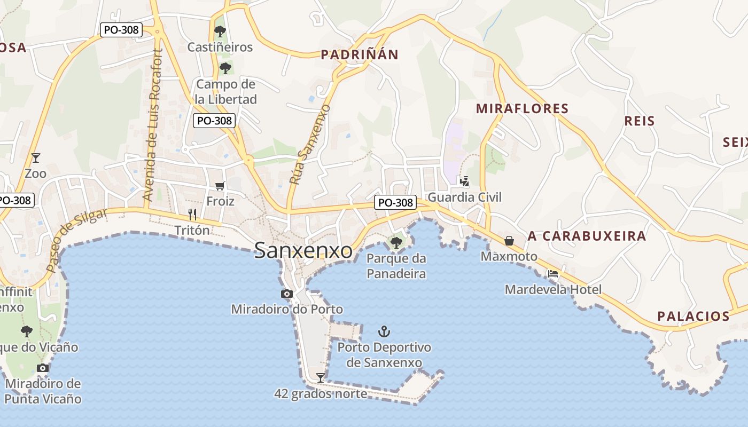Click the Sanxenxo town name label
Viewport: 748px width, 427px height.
(x=303, y=250)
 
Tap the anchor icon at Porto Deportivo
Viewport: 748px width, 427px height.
(x=384, y=331)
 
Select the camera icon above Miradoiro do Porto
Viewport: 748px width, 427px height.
(x=287, y=294)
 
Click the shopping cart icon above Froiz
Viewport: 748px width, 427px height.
(x=220, y=186)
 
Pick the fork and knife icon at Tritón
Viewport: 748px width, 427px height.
(x=192, y=215)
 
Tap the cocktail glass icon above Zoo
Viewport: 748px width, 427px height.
(x=36, y=157)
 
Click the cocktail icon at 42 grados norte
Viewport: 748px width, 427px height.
(x=320, y=378)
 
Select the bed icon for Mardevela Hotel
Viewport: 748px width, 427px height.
(x=553, y=274)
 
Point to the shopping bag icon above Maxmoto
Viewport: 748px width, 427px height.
(x=509, y=241)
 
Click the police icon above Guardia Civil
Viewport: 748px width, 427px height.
(x=464, y=181)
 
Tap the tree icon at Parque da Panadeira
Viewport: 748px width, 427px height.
(x=396, y=243)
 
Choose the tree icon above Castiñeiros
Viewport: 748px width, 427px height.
(x=220, y=31)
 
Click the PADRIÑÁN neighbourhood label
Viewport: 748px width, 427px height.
(x=360, y=54)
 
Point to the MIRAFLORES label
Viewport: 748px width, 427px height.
(x=522, y=109)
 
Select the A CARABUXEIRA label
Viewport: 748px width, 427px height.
(x=587, y=236)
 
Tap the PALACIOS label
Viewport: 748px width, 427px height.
(x=693, y=316)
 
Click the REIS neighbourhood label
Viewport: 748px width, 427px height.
(x=640, y=121)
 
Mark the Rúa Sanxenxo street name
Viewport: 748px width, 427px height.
(x=309, y=145)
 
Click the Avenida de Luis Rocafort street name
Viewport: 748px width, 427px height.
(x=152, y=125)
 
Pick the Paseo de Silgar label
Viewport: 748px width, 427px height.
(x=76, y=240)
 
